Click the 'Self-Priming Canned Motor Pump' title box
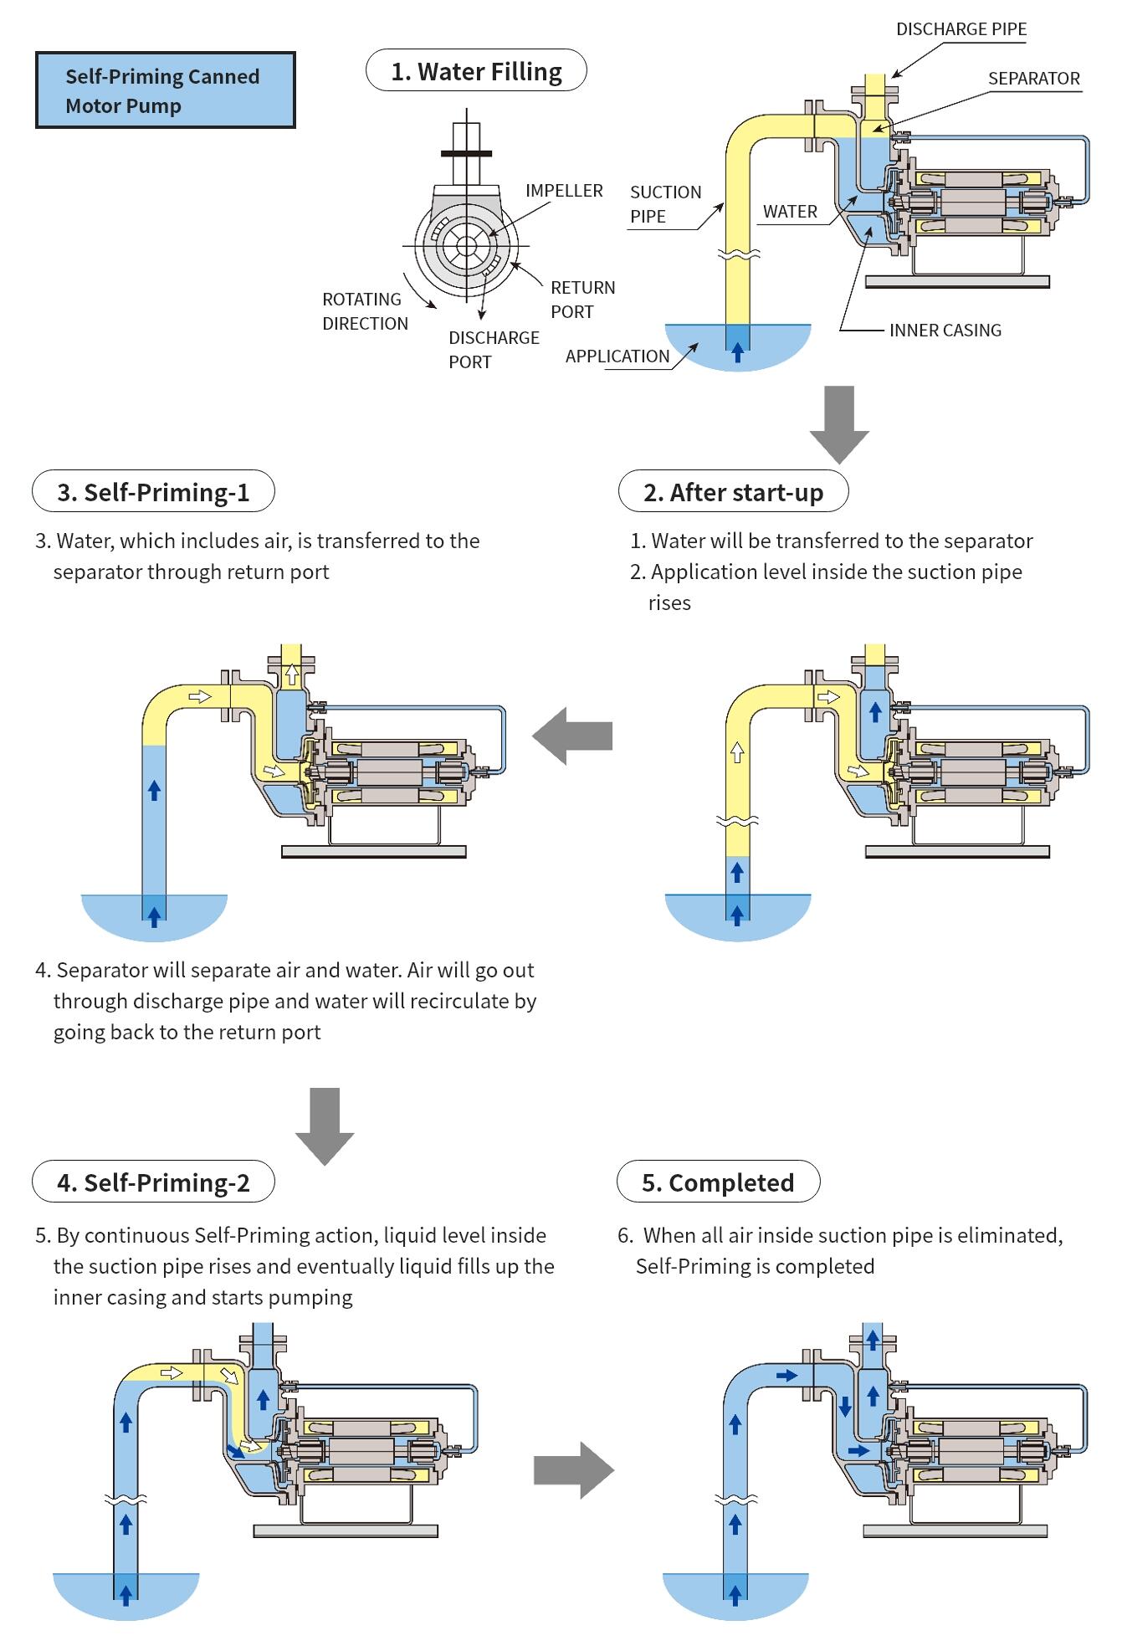coord(165,90)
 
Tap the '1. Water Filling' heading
coord(476,71)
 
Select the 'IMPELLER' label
coord(563,191)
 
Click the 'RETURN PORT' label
coord(582,300)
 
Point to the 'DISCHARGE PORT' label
coord(493,350)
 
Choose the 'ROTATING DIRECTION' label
coord(365,311)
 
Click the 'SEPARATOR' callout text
coord(1033,79)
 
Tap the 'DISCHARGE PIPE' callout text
coord(961,29)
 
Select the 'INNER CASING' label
coord(945,331)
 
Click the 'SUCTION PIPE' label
coord(665,204)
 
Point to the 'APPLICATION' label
coord(617,356)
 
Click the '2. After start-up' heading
coord(733,492)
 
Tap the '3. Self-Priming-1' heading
coord(153,492)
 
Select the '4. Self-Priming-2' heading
coord(153,1182)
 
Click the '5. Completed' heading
coord(718,1182)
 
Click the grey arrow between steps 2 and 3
coord(573,736)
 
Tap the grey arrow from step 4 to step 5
coord(573,1469)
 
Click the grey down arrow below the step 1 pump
coord(839,423)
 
